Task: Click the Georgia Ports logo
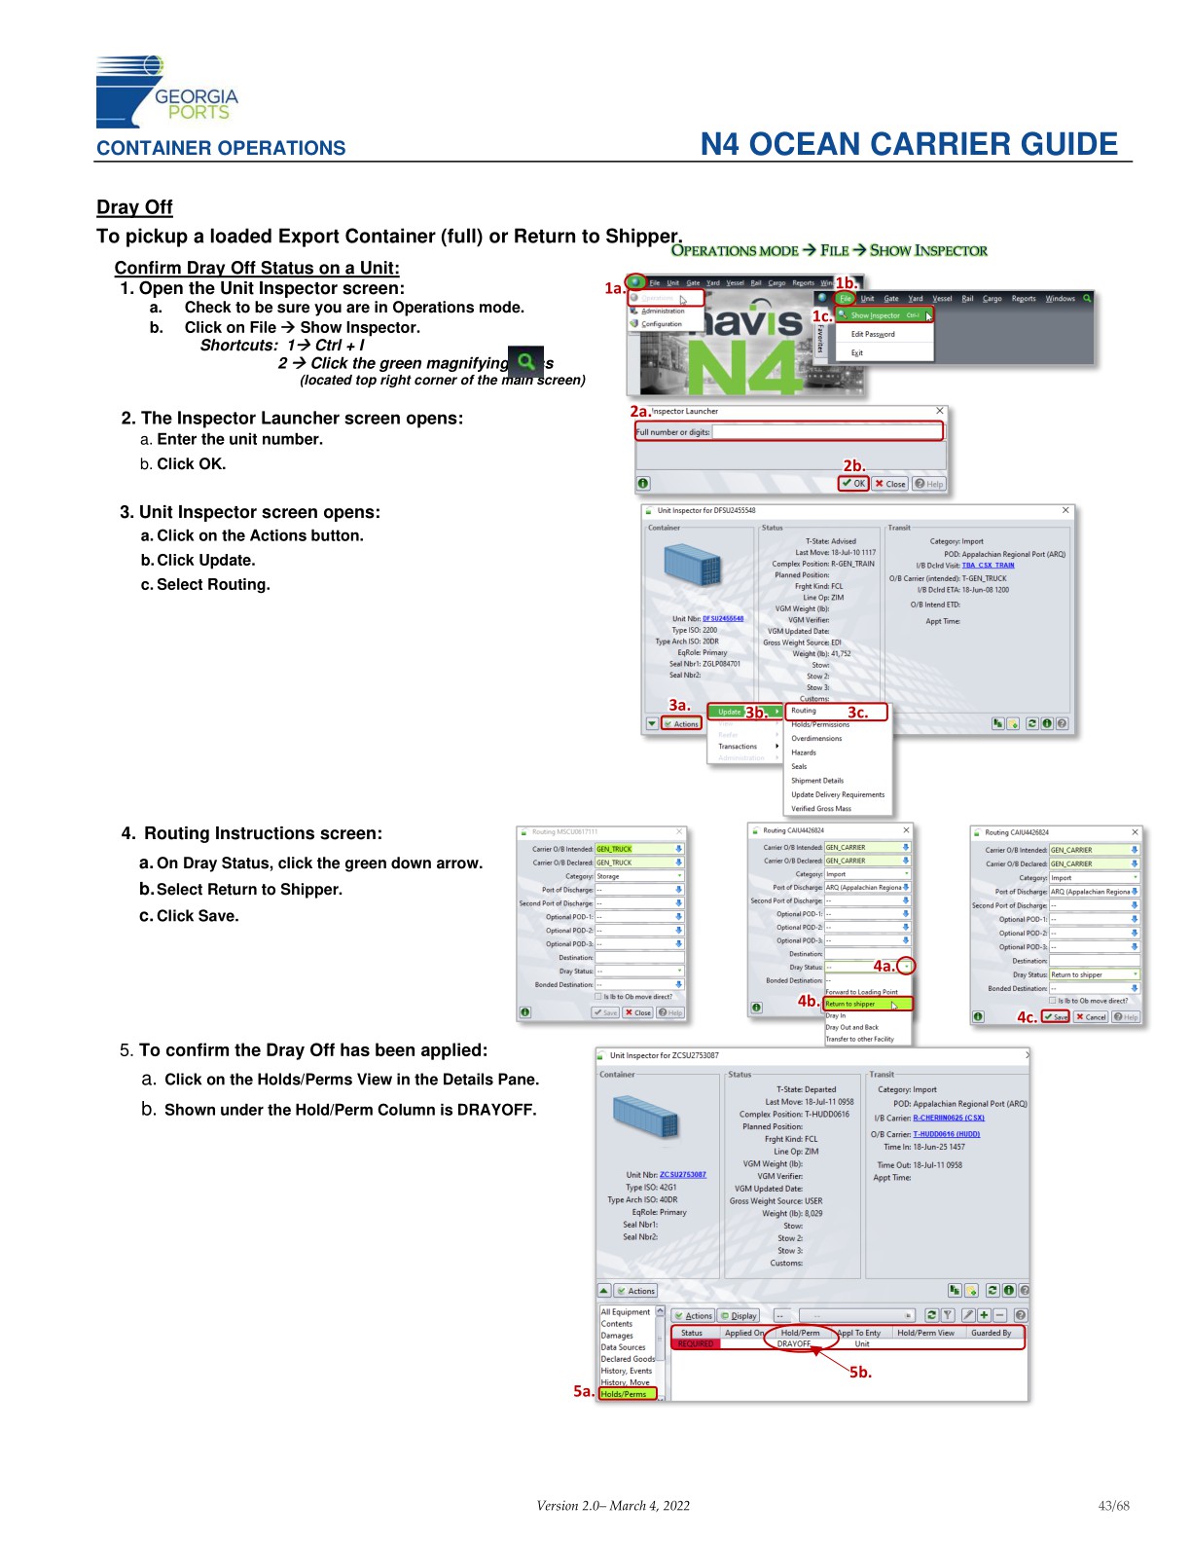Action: point(165,92)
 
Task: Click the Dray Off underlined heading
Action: point(134,207)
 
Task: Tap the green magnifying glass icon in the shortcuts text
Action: point(525,362)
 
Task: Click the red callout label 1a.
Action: point(614,288)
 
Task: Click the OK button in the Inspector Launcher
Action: point(854,484)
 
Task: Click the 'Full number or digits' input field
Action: point(826,432)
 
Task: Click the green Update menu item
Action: point(731,712)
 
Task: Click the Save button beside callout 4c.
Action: point(1056,1017)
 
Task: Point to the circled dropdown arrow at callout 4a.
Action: point(906,967)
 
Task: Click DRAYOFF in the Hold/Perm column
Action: point(794,1344)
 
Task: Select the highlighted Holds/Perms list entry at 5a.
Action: point(625,1394)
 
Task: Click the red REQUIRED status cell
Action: point(695,1344)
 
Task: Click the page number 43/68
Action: point(1113,1506)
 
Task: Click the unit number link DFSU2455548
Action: point(722,619)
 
